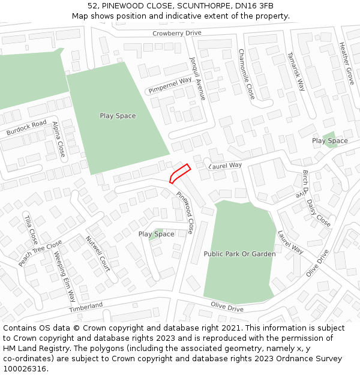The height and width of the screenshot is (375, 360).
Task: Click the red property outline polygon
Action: [x=179, y=173]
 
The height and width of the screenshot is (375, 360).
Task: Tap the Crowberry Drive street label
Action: [x=176, y=34]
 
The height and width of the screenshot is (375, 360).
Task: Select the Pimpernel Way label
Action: [x=169, y=85]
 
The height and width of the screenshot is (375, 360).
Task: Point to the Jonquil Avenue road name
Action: [x=197, y=79]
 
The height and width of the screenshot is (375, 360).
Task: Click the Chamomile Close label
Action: [x=246, y=74]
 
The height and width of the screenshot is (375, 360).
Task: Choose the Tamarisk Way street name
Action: [x=296, y=71]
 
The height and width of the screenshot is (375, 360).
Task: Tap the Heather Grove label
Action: [x=346, y=63]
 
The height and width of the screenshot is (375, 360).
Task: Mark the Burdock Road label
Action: [x=26, y=127]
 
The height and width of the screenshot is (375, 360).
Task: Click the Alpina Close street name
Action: [x=59, y=139]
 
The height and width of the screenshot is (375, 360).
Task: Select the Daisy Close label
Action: [x=319, y=213]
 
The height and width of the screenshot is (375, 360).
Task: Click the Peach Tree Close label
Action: [x=40, y=254]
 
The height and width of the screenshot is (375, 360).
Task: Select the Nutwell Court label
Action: [x=98, y=254]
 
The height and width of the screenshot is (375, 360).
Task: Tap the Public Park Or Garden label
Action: [x=239, y=254]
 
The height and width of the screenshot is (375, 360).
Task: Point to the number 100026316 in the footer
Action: [x=23, y=369]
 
